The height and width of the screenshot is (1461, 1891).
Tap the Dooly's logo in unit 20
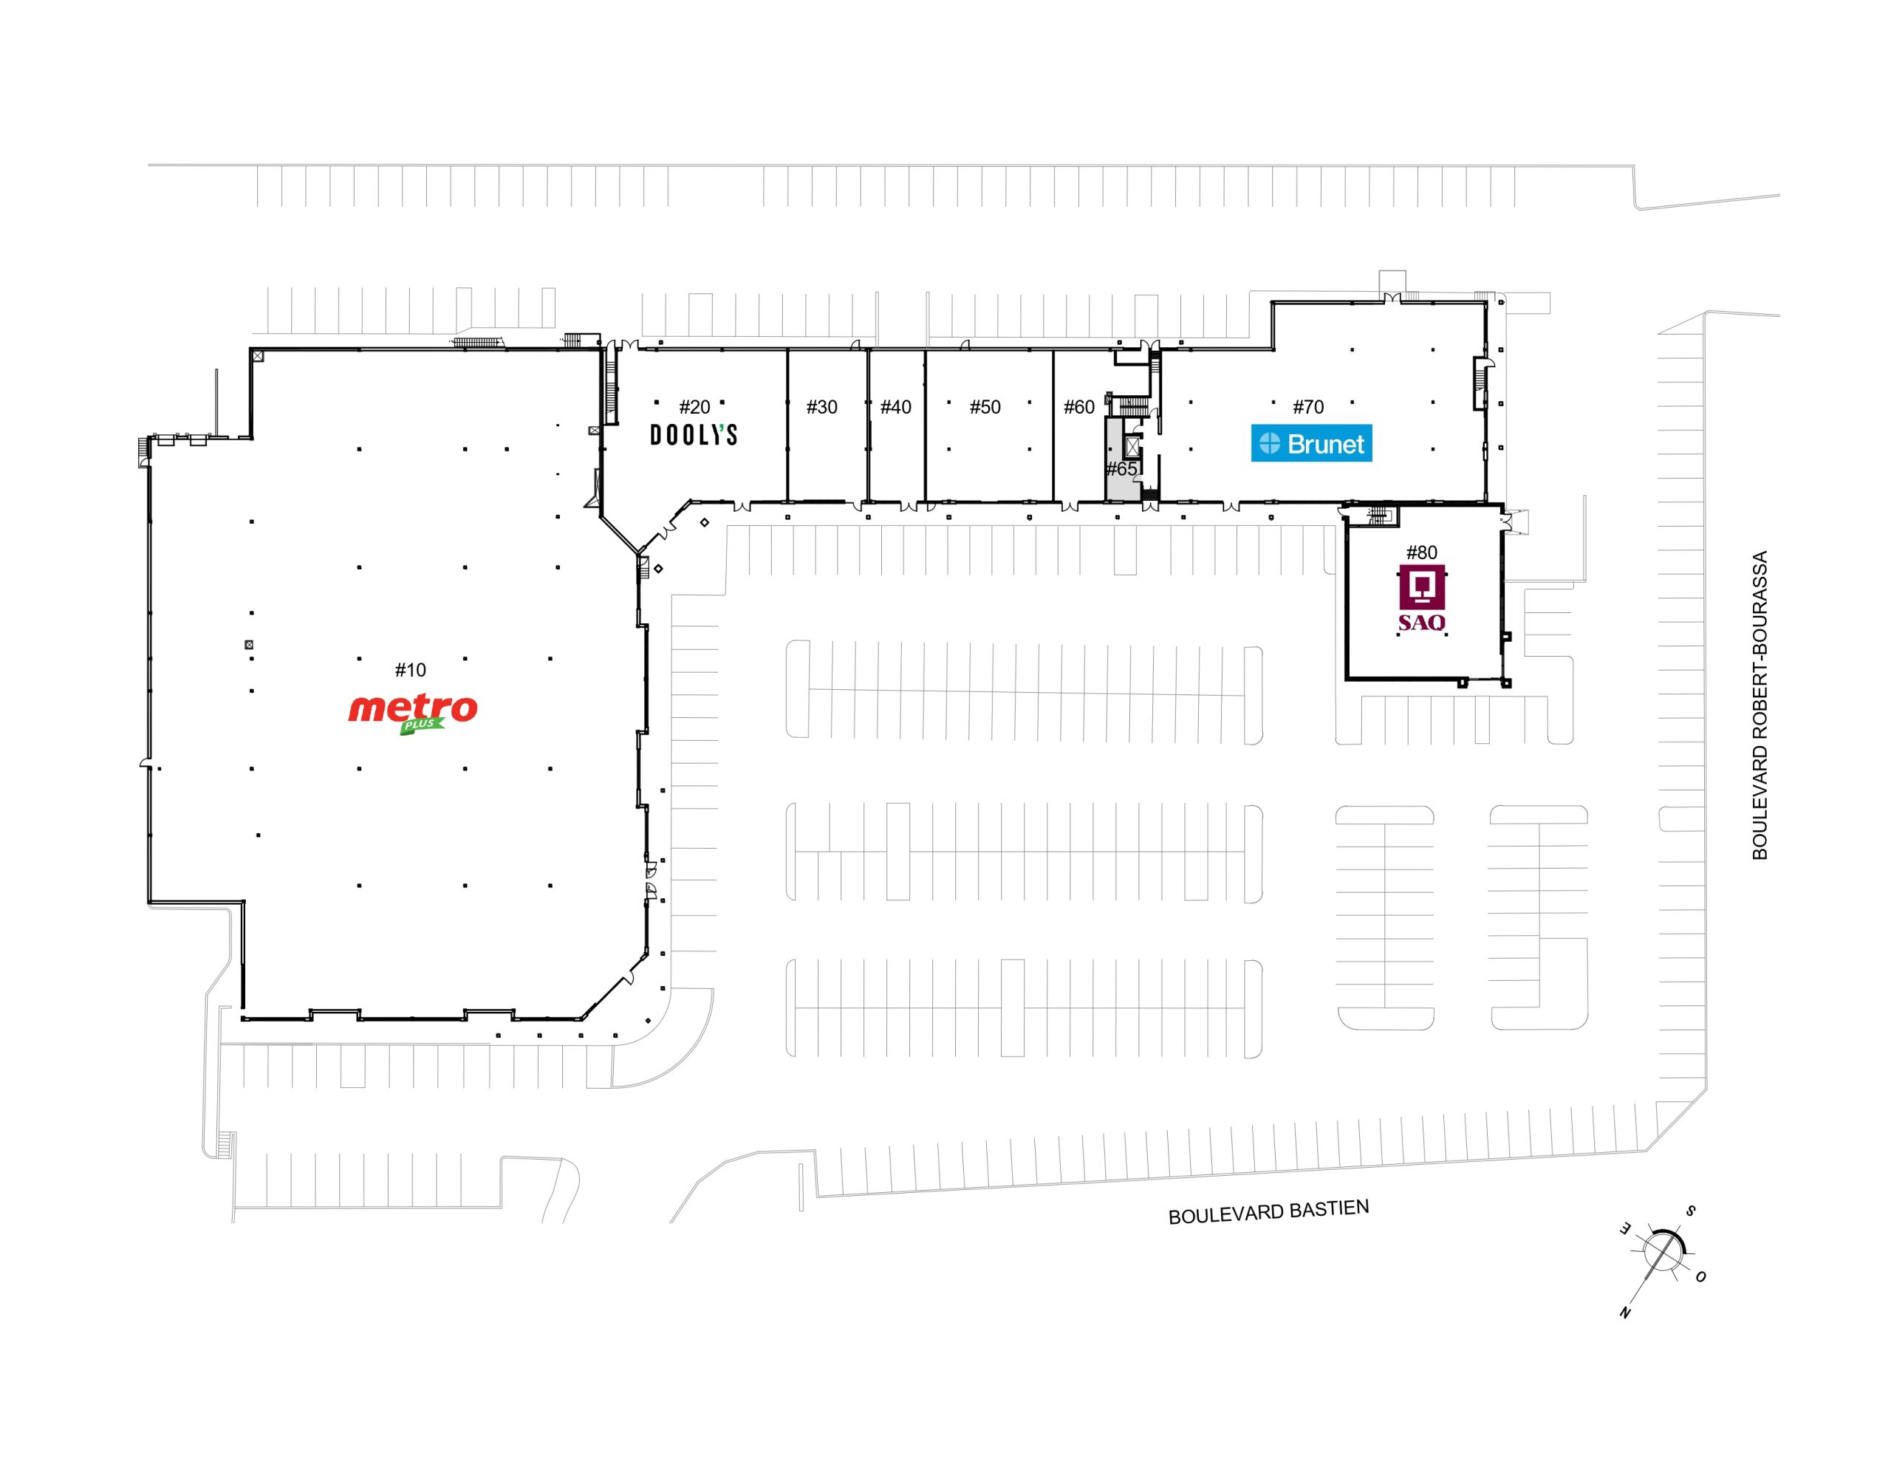(694, 435)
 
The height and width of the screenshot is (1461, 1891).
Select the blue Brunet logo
(1311, 443)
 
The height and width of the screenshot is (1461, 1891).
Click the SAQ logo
(1422, 598)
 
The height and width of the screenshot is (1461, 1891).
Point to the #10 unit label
(411, 669)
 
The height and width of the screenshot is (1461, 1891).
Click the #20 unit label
(694, 407)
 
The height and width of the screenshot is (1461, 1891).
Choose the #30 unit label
(821, 407)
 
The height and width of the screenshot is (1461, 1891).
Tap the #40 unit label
(896, 407)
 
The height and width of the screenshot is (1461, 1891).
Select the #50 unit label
(985, 407)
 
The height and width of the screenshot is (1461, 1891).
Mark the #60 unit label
(1079, 407)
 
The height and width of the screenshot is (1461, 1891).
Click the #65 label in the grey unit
(1121, 469)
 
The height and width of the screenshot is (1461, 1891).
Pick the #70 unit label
(1308, 407)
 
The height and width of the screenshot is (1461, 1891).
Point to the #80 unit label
(1422, 552)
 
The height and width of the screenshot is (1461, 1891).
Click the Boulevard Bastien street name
(1268, 1212)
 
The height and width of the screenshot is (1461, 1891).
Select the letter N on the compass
(1625, 1312)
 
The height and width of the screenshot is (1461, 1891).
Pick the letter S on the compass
(1689, 1211)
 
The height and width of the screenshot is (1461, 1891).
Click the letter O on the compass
(1700, 1276)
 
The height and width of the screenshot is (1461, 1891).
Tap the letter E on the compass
(1626, 1229)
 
